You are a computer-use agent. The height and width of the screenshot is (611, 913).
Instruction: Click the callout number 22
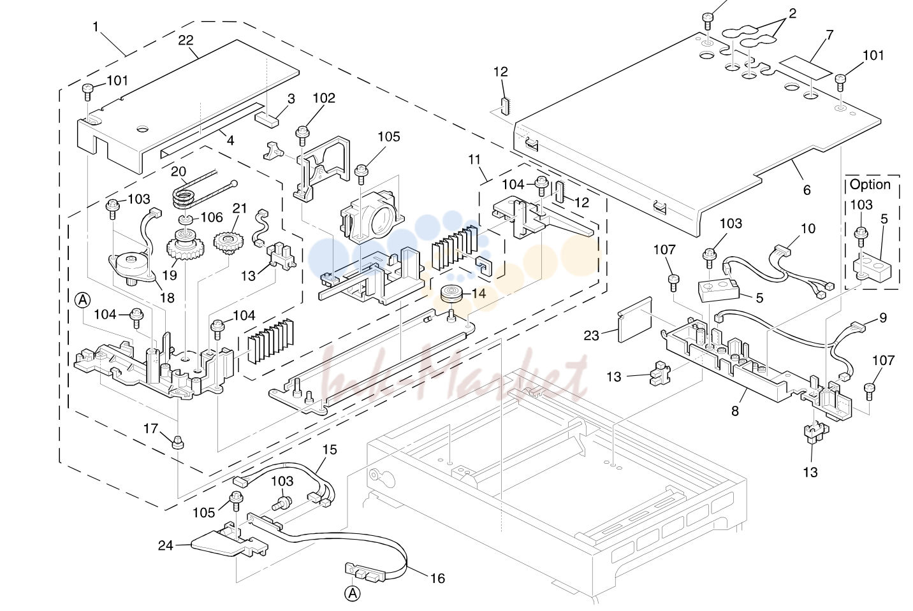pyautogui.click(x=186, y=40)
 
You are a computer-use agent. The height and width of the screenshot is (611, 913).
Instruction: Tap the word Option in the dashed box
pyautogui.click(x=870, y=185)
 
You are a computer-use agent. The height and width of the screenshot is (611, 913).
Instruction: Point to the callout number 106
pyautogui.click(x=212, y=217)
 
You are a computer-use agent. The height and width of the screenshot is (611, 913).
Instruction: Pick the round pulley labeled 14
pyautogui.click(x=452, y=294)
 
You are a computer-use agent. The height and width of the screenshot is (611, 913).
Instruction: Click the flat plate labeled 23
pyautogui.click(x=635, y=320)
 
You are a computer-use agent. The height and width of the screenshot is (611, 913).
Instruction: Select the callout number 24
pyautogui.click(x=166, y=545)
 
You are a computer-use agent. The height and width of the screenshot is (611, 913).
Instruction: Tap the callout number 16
pyautogui.click(x=437, y=578)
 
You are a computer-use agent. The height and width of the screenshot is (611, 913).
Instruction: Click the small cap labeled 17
pyautogui.click(x=177, y=442)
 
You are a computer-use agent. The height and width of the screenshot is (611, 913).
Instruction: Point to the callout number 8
pyautogui.click(x=735, y=412)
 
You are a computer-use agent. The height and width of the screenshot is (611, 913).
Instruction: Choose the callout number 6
pyautogui.click(x=807, y=190)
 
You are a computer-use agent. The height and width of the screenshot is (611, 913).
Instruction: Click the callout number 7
pyautogui.click(x=830, y=35)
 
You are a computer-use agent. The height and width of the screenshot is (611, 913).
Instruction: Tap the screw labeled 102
pyautogui.click(x=302, y=135)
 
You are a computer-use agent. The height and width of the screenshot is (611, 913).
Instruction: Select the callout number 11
pyautogui.click(x=474, y=159)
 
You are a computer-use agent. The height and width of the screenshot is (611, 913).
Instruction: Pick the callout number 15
pyautogui.click(x=330, y=450)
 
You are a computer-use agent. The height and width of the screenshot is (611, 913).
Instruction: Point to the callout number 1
pyautogui.click(x=96, y=27)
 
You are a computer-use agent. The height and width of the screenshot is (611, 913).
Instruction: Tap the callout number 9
pyautogui.click(x=883, y=318)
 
